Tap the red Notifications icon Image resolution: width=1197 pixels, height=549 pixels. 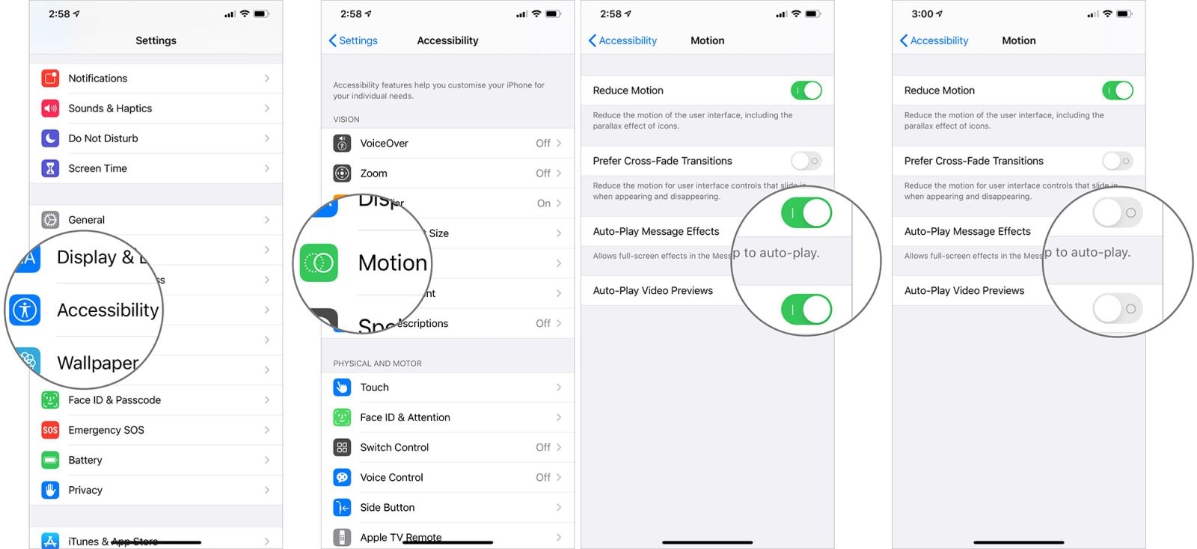50,79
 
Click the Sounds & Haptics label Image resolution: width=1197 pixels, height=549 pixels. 110,108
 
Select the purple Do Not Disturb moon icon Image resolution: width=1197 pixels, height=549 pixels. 50,138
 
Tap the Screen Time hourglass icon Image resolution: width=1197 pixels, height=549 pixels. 50,168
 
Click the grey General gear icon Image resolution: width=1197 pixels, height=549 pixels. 50,220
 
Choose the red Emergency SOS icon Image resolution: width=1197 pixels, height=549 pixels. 50,430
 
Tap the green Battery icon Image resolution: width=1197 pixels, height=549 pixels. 50,460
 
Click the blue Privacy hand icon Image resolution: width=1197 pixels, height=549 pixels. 50,490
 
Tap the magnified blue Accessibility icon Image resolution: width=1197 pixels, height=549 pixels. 25,310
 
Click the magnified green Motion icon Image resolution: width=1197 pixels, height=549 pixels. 319,263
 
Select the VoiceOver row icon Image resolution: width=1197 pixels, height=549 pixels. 342,143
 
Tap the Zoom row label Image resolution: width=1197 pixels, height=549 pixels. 373,174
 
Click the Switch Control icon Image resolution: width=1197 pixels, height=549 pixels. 342,447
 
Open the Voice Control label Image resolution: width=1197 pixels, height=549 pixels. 391,477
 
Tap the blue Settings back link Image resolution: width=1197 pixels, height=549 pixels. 353,40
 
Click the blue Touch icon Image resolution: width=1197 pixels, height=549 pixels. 342,387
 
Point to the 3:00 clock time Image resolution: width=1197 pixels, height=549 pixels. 922,13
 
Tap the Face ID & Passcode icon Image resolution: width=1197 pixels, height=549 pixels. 50,400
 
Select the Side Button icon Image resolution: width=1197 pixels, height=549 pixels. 342,507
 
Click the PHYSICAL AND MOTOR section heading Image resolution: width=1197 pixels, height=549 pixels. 377,364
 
